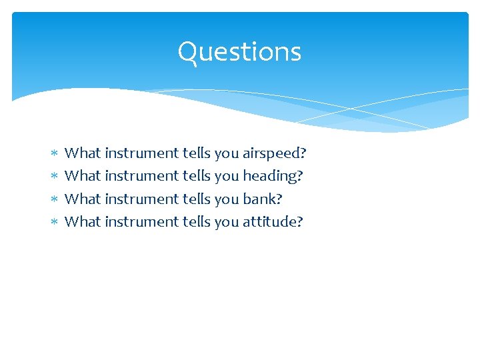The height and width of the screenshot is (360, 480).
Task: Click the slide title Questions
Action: pos(239,52)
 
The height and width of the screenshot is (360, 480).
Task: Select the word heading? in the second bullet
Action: pos(273,176)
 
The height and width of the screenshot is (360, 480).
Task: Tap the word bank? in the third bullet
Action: pos(258,199)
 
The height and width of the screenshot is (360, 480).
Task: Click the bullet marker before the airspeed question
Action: pos(54,154)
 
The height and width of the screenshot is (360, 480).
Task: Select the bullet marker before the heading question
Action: pos(54,177)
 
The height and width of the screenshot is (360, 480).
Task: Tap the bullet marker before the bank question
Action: pos(54,199)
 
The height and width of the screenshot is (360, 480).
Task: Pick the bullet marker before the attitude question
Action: pos(54,222)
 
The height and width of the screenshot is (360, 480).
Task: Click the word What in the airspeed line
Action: pos(83,153)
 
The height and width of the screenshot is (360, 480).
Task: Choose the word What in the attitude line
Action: pos(83,221)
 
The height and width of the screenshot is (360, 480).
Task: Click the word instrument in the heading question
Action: pos(141,176)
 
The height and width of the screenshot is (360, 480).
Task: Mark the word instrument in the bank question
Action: pos(141,199)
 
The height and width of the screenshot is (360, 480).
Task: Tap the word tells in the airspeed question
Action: pos(196,153)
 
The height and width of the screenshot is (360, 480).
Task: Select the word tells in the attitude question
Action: pos(196,221)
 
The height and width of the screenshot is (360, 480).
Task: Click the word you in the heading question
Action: pos(226,176)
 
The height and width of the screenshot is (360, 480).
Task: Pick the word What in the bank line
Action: pos(83,199)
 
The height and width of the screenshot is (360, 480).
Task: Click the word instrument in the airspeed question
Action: pos(141,153)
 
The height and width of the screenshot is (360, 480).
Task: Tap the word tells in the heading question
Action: pos(196,176)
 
